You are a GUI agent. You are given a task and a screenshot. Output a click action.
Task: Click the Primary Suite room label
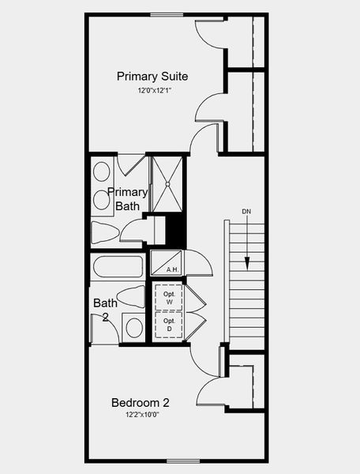click(152, 77)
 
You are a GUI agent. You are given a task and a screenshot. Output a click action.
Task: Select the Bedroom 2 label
click(141, 402)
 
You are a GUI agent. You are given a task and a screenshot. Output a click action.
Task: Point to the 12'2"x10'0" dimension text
click(141, 415)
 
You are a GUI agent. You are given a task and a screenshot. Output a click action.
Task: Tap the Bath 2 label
click(104, 310)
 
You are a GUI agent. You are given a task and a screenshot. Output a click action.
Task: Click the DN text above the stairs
click(246, 213)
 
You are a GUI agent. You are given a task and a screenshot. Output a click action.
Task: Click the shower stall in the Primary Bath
click(167, 184)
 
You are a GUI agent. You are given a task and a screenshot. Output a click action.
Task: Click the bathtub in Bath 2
click(117, 266)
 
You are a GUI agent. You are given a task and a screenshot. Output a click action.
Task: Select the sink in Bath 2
click(133, 327)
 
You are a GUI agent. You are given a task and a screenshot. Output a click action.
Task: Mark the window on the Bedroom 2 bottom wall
click(183, 460)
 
